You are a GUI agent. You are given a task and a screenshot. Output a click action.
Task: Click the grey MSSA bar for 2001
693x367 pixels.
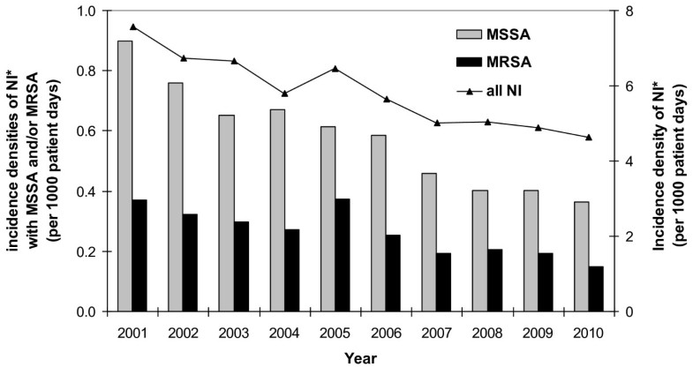click(x=124, y=176)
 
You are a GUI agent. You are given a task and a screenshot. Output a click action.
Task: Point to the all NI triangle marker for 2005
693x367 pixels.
click(x=334, y=69)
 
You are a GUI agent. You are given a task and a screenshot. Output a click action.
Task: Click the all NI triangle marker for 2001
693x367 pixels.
click(x=132, y=26)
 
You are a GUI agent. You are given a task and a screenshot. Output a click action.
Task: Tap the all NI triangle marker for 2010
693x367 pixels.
click(x=589, y=137)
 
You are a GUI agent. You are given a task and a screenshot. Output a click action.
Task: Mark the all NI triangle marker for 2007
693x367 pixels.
click(x=435, y=123)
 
